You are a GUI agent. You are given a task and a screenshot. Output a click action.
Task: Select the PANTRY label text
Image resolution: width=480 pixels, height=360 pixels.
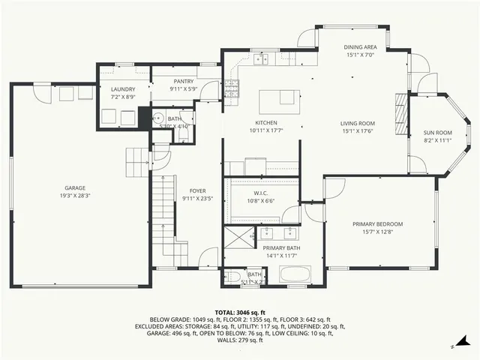[184, 81]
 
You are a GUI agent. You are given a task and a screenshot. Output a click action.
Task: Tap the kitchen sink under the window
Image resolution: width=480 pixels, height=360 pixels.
[262, 58]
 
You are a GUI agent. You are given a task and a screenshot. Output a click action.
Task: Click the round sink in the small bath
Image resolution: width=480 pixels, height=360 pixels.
[158, 117]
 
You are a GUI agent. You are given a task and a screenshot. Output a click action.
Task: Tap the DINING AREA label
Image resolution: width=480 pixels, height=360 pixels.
[366, 46]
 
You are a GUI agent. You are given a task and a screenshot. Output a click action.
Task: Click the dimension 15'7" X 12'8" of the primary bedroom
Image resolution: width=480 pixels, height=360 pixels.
[379, 232]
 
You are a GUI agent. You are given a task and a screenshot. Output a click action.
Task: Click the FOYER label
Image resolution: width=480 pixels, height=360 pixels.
[198, 191]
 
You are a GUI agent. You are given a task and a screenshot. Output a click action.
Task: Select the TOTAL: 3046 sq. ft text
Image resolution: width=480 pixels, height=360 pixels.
[240, 312]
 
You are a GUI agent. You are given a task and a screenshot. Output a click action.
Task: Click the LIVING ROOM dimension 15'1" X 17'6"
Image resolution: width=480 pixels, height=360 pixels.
[358, 132]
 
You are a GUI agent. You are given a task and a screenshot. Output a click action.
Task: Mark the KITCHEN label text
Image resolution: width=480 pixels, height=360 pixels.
[266, 122]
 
